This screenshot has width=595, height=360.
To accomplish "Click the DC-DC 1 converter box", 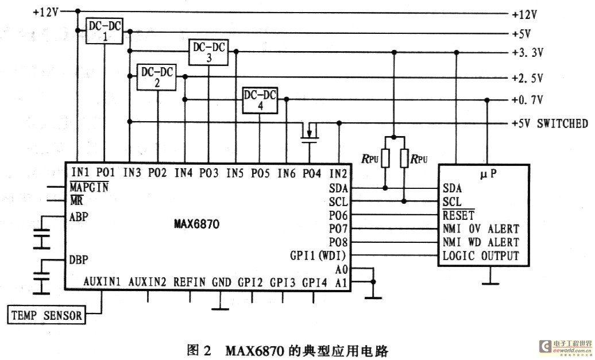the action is click(x=105, y=31).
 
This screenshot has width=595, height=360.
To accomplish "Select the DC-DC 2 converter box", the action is click(x=156, y=77).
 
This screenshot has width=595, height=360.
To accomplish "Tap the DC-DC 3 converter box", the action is click(x=208, y=52).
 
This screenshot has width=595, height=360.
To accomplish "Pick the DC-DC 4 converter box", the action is click(x=260, y=100).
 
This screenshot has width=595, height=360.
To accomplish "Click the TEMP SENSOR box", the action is click(x=47, y=315).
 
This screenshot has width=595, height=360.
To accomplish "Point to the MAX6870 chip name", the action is click(x=196, y=224).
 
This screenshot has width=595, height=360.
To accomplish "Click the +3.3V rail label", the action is click(x=528, y=52).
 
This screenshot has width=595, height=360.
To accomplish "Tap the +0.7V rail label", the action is click(x=528, y=100).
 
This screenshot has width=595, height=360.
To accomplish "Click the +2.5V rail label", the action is click(x=528, y=78).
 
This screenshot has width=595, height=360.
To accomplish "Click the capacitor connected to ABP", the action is click(x=41, y=239).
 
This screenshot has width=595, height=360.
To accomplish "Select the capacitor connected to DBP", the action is click(x=41, y=282).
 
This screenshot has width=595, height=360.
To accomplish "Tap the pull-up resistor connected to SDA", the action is click(x=385, y=158).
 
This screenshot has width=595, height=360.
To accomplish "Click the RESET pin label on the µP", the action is click(x=458, y=215).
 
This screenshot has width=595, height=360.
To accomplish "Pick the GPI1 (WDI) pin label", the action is click(x=318, y=256).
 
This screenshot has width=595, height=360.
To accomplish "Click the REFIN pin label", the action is click(x=190, y=282).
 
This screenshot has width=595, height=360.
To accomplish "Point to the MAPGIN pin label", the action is click(x=89, y=187).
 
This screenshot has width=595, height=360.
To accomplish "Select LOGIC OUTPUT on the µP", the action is click(x=481, y=256).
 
